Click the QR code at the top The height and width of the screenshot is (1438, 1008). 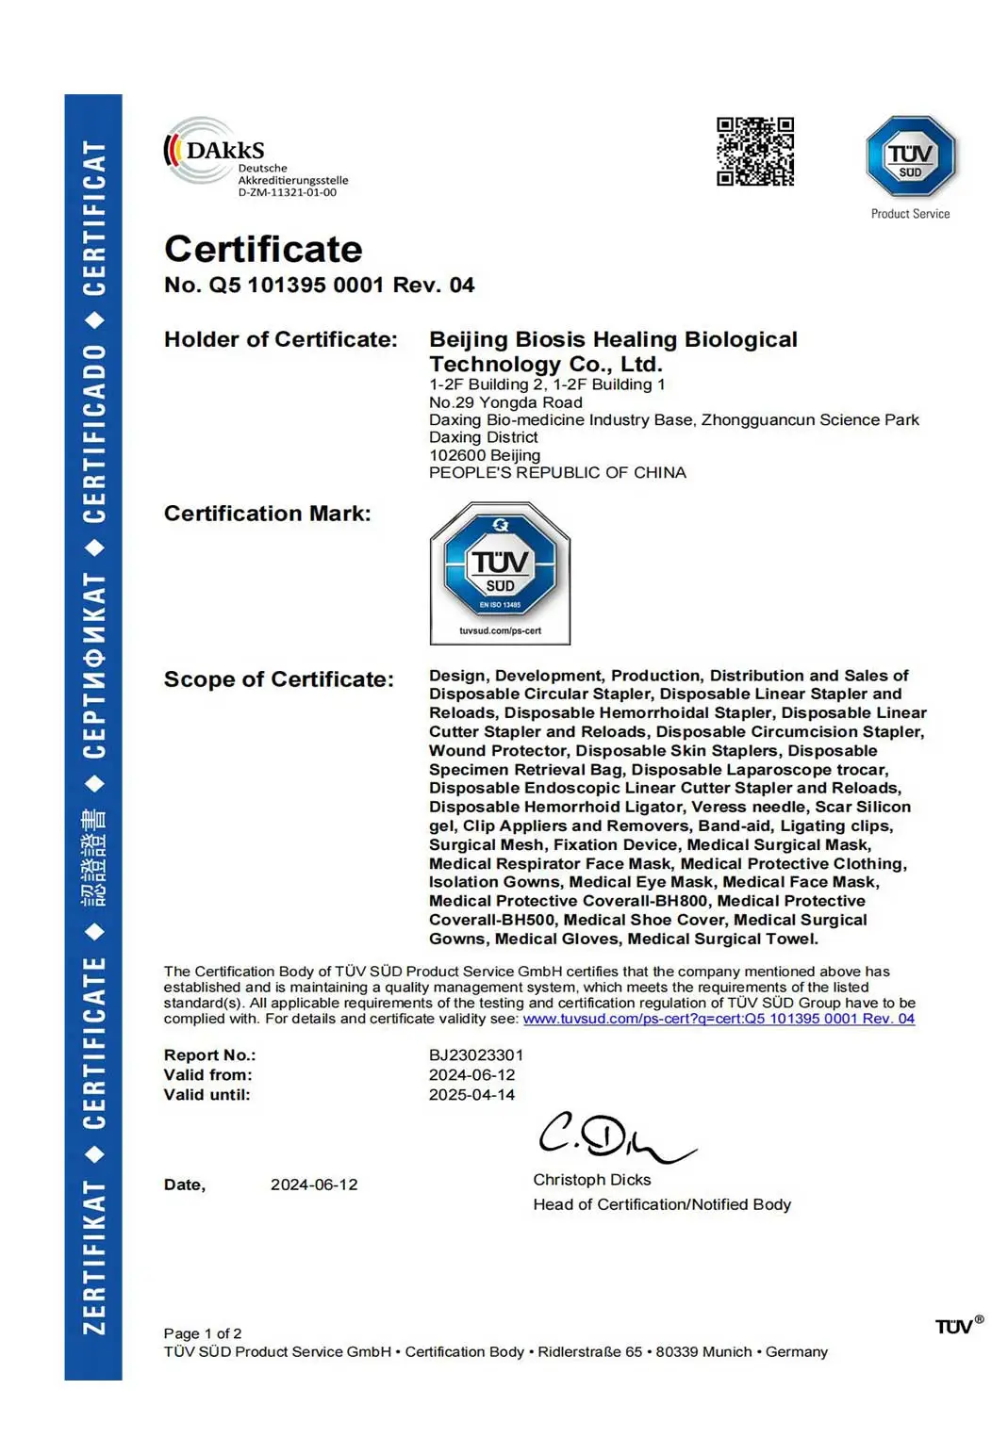pos(754,152)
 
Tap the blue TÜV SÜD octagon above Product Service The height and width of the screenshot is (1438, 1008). pos(910,156)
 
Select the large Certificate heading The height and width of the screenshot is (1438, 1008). pos(263,249)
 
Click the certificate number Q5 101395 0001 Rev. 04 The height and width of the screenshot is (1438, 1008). pos(320,285)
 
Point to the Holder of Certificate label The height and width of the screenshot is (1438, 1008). pos(280,339)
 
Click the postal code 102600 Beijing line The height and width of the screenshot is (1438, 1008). pos(485,455)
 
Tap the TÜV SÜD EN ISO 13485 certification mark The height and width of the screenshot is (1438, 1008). pos(500,572)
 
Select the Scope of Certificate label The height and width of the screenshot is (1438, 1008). pos(278,679)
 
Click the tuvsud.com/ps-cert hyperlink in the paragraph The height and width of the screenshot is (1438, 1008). pos(719,1019)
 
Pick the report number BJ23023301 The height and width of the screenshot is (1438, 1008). pos(475,1054)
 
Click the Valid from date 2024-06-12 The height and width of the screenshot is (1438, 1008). pos(471,1074)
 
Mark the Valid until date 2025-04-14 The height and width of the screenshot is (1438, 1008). pos(471,1094)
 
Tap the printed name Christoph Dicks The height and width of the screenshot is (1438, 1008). pos(591,1180)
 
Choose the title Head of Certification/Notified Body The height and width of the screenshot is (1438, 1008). pos(662,1204)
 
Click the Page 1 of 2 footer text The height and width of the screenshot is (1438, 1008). pos(203,1333)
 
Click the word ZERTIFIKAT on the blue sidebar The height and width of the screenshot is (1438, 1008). pos(93,1258)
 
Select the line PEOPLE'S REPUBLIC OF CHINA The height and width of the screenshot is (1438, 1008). pos(557,473)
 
